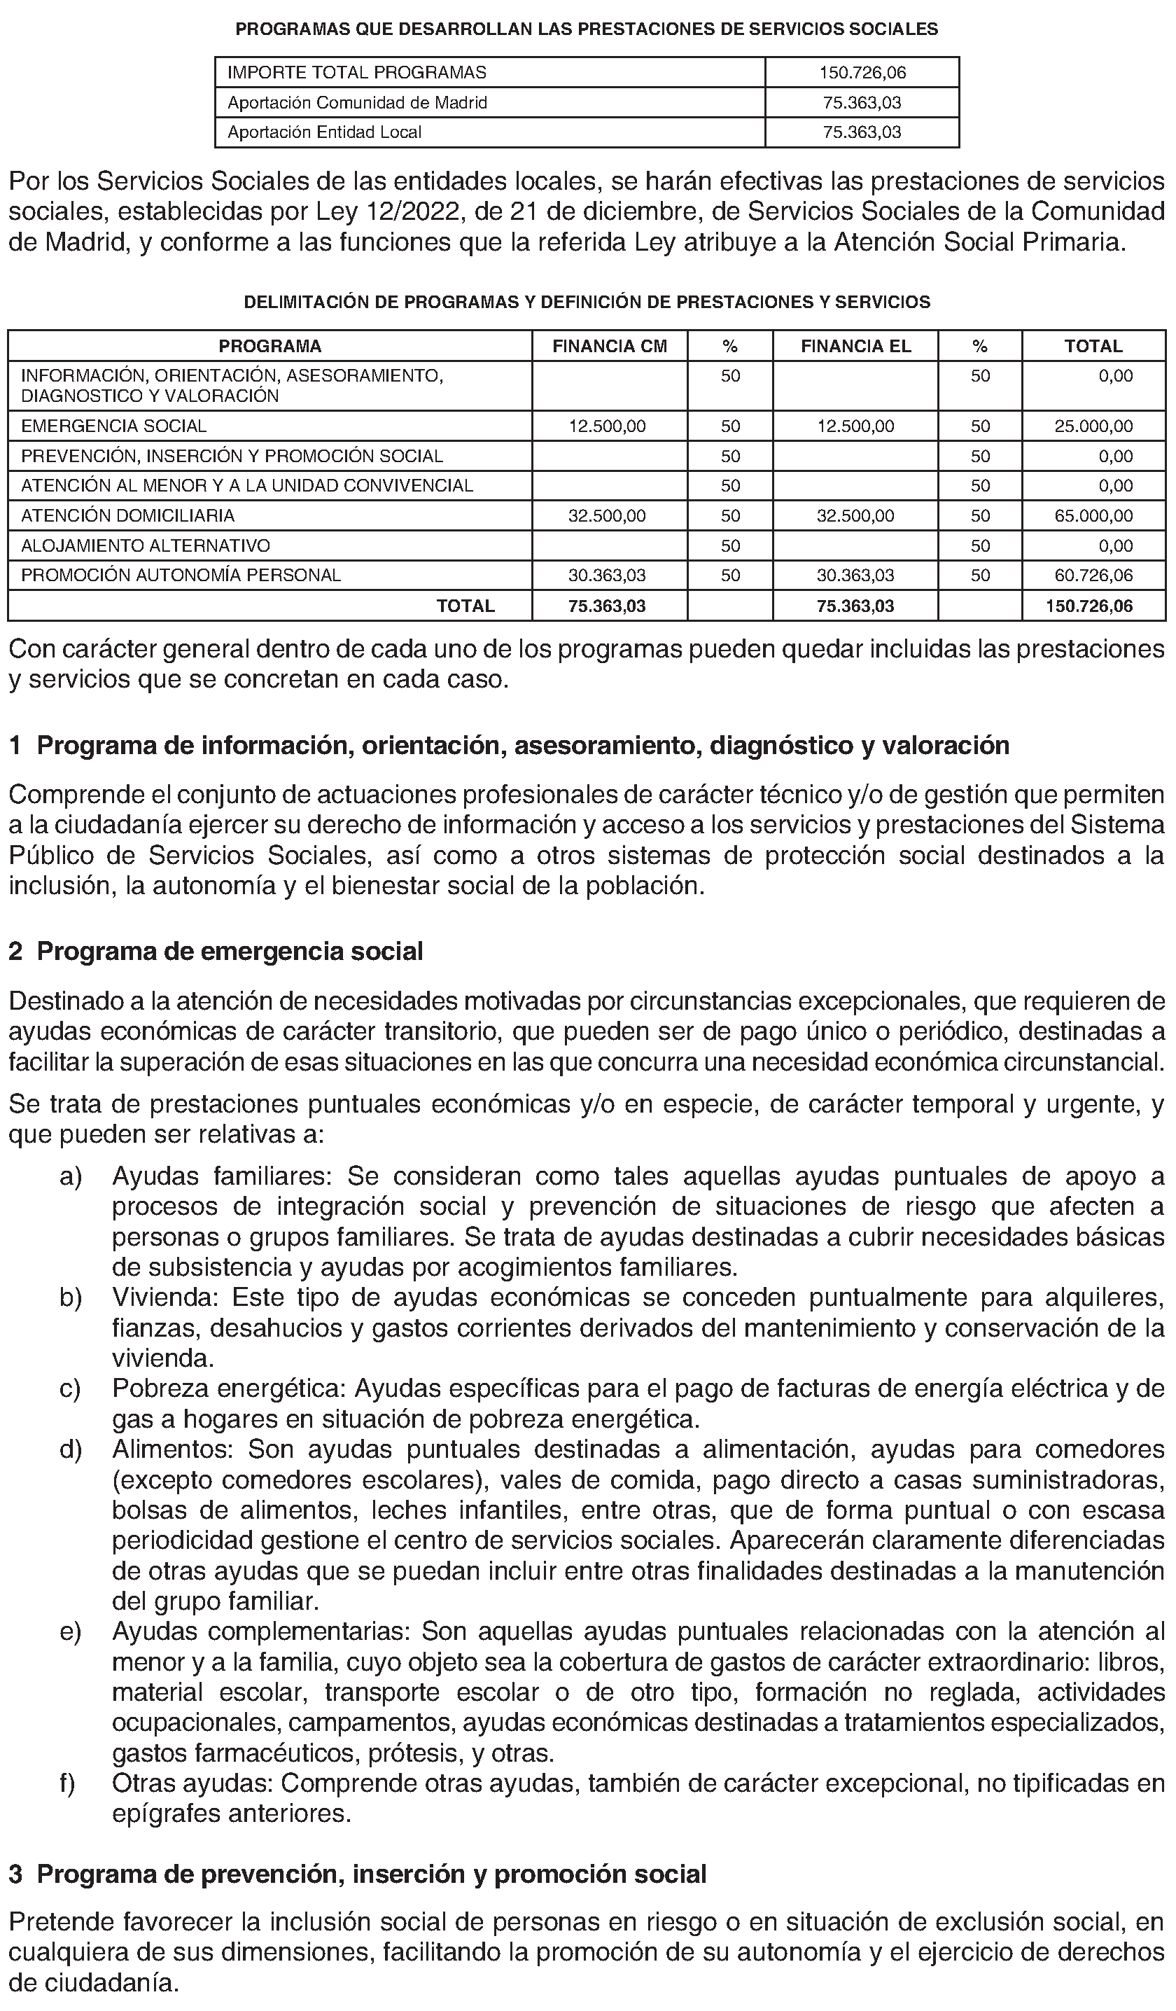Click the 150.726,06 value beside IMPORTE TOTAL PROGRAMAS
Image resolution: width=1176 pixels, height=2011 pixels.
(862, 73)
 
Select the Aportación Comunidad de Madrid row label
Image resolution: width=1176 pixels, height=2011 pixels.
(358, 103)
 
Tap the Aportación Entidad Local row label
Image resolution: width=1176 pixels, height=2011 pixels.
(325, 132)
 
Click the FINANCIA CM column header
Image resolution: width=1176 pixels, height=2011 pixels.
(610, 347)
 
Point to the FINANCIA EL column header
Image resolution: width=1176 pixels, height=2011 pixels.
(855, 347)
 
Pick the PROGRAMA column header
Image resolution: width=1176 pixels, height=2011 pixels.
(269, 347)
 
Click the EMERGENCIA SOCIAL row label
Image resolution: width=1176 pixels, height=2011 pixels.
(113, 426)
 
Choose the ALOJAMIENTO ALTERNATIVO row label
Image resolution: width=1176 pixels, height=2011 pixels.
(145, 546)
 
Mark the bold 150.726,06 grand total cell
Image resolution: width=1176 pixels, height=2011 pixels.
(1089, 606)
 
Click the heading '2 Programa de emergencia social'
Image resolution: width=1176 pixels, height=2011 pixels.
(216, 952)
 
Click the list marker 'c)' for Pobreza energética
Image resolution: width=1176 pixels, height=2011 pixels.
(70, 1389)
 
